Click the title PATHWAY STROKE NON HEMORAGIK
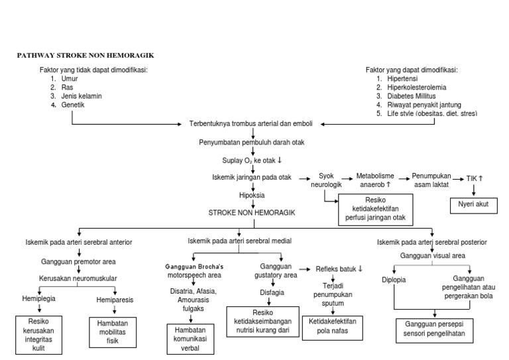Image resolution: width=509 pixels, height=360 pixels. click(89, 55)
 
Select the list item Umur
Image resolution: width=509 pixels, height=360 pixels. click(69, 78)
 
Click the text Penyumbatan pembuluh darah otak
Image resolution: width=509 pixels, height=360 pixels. click(253, 143)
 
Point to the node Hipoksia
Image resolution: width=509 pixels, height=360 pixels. click(252, 196)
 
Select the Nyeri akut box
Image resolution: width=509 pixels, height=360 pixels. click(473, 204)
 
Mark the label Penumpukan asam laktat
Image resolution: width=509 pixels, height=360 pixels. click(431, 180)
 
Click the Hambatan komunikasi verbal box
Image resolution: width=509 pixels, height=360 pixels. click(190, 339)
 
